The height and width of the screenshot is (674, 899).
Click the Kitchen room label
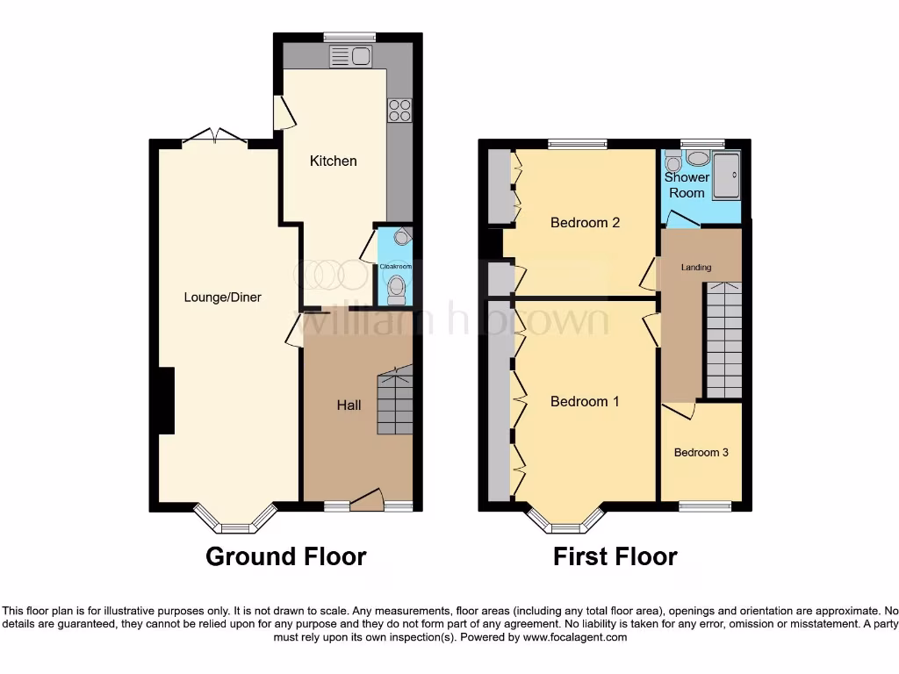[x=334, y=161]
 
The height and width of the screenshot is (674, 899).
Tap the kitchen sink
[x=350, y=57]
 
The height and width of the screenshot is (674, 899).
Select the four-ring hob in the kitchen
[x=399, y=111]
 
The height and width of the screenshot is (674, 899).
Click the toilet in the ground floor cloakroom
[x=397, y=287]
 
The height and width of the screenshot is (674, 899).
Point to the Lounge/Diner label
[x=222, y=298]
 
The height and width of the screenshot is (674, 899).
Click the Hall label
[x=349, y=405]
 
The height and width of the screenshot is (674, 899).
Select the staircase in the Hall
[x=395, y=402]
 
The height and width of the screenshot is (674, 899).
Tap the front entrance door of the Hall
[x=367, y=501]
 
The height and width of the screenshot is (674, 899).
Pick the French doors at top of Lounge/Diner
[x=214, y=136]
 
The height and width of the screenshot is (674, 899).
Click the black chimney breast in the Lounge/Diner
[x=166, y=400]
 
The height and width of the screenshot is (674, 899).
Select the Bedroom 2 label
[x=585, y=223]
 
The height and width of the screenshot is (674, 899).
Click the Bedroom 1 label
[x=585, y=402]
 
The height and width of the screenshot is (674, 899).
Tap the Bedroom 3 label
[x=701, y=453]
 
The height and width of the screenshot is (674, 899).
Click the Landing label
[x=697, y=268]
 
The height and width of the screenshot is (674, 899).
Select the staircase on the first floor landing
[x=724, y=340]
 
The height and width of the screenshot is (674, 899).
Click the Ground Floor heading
[x=285, y=556]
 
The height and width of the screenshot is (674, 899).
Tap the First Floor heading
[x=615, y=556]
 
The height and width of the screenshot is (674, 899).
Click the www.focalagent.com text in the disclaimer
[x=575, y=638]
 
